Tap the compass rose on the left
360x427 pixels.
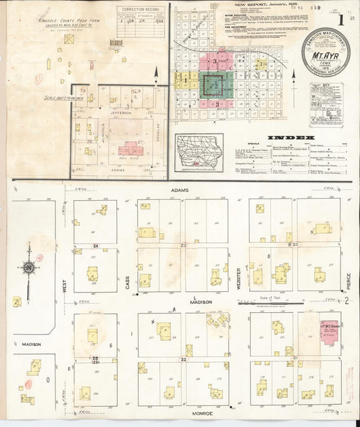28,268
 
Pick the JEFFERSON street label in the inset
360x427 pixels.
120,113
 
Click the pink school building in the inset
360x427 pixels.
132,149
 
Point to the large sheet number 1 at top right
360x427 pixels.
342,20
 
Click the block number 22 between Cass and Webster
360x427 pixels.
183,360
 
